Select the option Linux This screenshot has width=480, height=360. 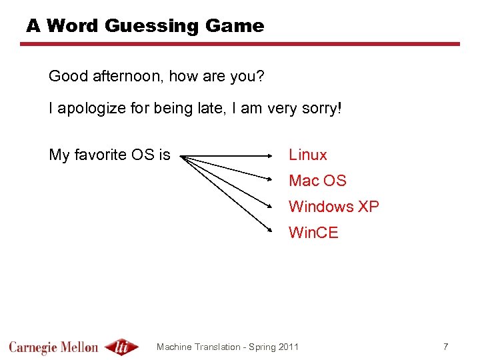307,155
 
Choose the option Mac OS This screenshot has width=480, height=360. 317,181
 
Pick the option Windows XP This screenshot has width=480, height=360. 333,207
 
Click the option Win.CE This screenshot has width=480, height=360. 313,233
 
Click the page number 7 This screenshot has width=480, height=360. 446,347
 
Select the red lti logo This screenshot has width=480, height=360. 123,347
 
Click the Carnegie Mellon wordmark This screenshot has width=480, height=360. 53,347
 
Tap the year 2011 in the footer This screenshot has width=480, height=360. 287,347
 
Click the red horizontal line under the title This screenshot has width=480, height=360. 240,44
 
